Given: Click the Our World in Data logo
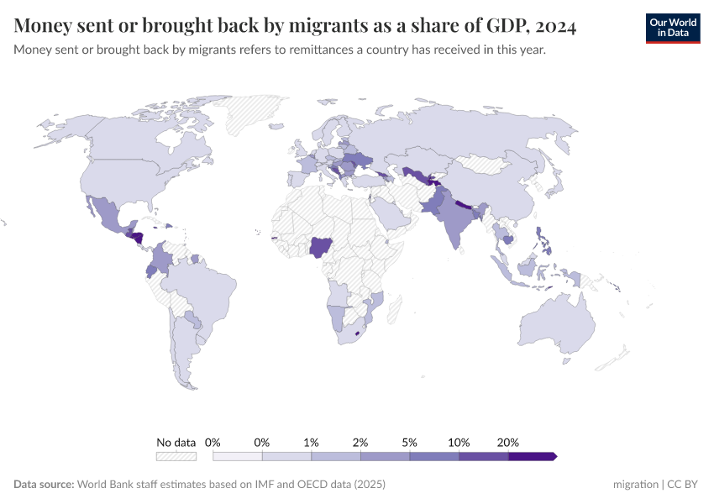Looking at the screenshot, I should tap(672, 28).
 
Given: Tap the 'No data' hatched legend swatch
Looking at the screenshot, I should tap(176, 456).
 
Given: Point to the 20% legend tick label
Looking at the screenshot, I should tap(508, 442).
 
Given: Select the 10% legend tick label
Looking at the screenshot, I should tap(459, 442).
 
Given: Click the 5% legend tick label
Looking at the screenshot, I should tap(410, 442).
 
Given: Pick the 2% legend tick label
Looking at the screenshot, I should tap(360, 442).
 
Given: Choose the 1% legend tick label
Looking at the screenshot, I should tap(311, 442).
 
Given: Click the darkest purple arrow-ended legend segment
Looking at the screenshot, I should tap(532, 456).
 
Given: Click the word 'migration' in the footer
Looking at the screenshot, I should tap(636, 485).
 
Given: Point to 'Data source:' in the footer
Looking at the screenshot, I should tap(44, 485).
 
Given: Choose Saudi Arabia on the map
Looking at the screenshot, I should tap(391, 213).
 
